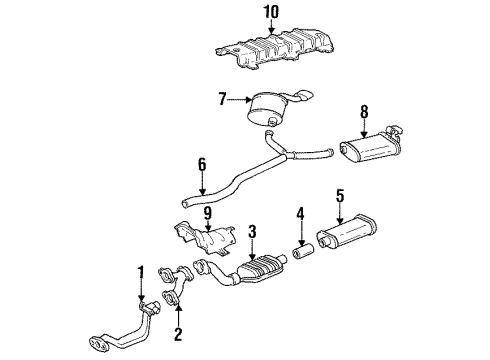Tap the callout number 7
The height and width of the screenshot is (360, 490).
[224, 98]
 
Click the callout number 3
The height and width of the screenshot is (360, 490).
[253, 232]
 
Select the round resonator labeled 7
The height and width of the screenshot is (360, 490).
[266, 106]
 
